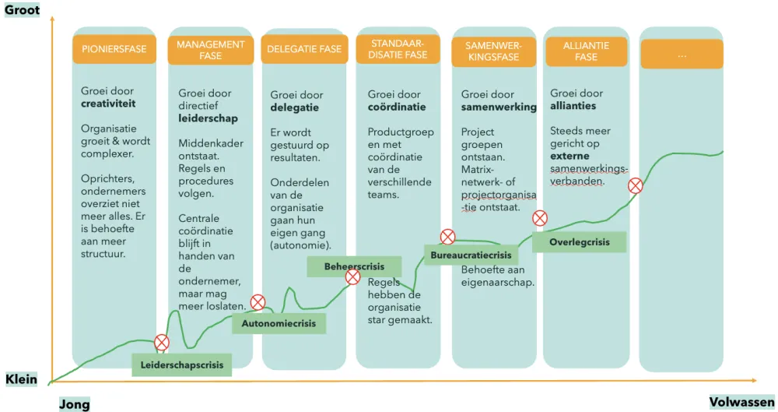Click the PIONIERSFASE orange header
[x=114, y=49]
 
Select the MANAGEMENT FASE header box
[x=210, y=50]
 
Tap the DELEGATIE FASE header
[x=304, y=49]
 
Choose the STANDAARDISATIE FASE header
[x=398, y=49]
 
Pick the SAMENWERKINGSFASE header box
[x=494, y=51]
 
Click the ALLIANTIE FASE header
[x=586, y=51]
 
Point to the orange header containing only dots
[x=682, y=54]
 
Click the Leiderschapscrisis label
[x=181, y=364]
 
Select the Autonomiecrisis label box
[x=279, y=323]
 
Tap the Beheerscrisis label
[x=354, y=267]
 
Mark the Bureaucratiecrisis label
[x=471, y=255]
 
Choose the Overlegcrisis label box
[x=579, y=242]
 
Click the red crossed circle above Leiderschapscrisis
[x=162, y=343]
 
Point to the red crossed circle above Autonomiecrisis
[x=258, y=302]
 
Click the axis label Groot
[x=22, y=10]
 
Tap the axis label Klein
[x=21, y=379]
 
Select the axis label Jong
[x=75, y=403]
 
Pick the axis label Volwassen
[x=741, y=402]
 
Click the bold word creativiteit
[x=108, y=104]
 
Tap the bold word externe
[x=569, y=156]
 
